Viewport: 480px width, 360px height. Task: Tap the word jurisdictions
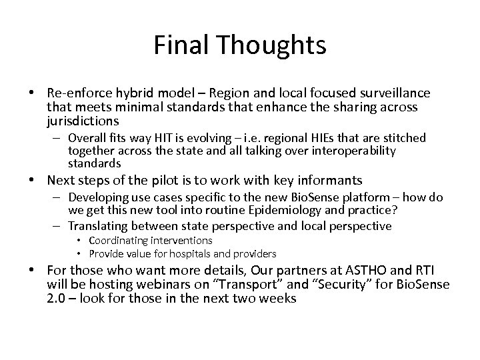tap(83, 121)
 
